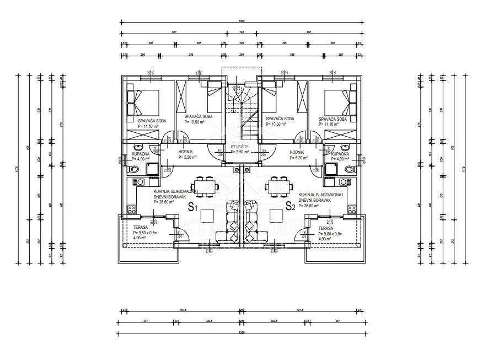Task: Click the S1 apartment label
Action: pyautogui.click(x=192, y=207)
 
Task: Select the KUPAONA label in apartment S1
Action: pyautogui.click(x=141, y=154)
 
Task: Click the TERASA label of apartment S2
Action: pyautogui.click(x=326, y=227)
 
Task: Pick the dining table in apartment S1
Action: pyautogui.click(x=205, y=186)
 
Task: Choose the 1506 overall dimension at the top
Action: pyautogui.click(x=242, y=21)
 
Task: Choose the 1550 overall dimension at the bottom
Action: pyautogui.click(x=242, y=333)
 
